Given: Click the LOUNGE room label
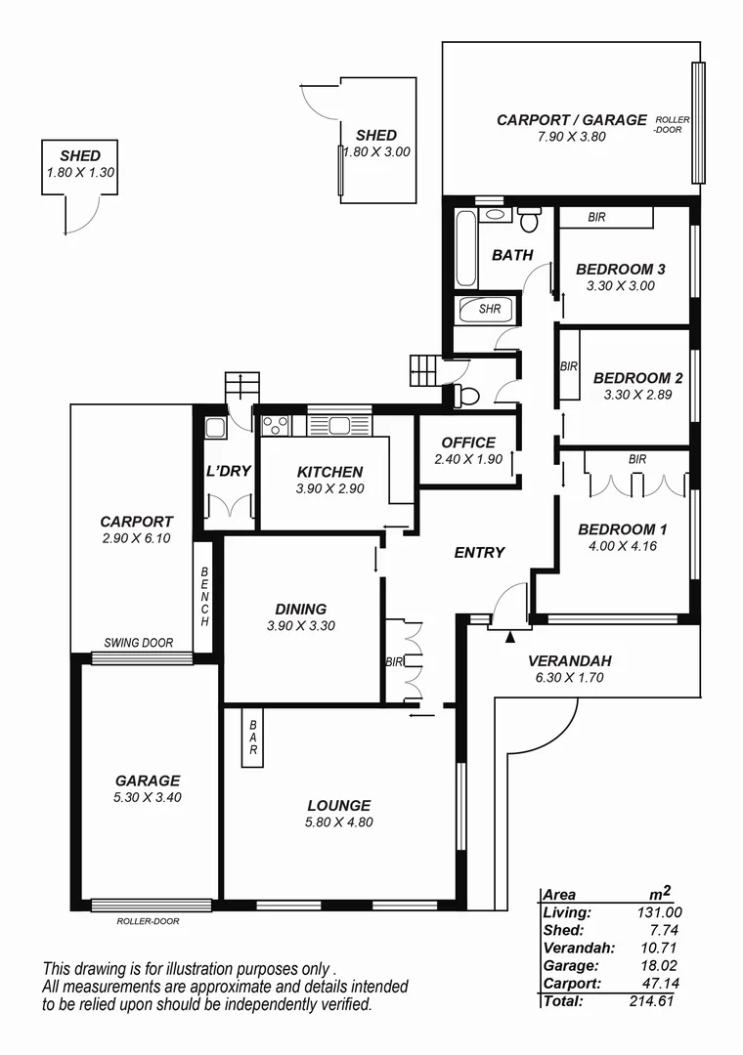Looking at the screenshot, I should [x=339, y=806].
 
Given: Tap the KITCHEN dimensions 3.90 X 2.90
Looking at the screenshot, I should [x=330, y=488].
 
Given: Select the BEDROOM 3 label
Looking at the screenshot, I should [x=621, y=269].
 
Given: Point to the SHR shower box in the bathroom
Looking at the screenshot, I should [x=489, y=309].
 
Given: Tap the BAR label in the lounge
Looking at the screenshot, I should [x=252, y=738].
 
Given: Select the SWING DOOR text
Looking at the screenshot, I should [x=139, y=643].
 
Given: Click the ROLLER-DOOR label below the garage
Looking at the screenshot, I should [x=149, y=920].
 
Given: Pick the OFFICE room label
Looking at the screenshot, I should [x=468, y=443].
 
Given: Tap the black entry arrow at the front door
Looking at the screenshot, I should [x=510, y=638].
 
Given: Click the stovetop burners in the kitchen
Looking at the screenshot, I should [x=275, y=425].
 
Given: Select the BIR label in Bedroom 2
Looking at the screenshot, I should [x=570, y=367].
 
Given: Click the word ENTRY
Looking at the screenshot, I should [x=480, y=552].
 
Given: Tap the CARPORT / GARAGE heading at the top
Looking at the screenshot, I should [x=572, y=120].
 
